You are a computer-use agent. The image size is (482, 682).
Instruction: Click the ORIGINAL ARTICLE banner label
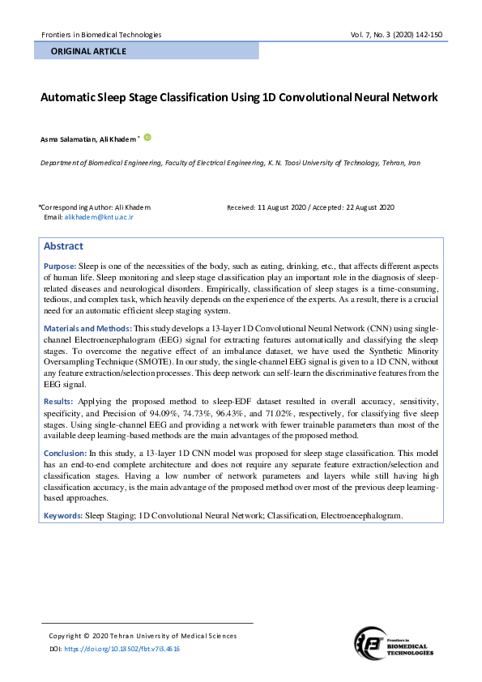coord(88,51)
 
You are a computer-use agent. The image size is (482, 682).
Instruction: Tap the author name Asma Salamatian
coord(69,139)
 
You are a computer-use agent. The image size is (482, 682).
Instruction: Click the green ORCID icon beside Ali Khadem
coord(147,138)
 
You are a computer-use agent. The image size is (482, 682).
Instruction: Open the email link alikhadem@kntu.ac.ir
coord(99,217)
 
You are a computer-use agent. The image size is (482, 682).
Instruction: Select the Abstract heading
coord(63,246)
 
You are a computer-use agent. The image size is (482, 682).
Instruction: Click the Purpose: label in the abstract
coord(60,266)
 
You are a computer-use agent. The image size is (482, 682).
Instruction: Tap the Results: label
coord(58,401)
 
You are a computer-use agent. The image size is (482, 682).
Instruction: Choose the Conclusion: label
coord(65,453)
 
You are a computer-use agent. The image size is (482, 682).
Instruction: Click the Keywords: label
coord(62,515)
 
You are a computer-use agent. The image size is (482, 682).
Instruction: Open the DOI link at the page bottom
coord(122,649)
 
